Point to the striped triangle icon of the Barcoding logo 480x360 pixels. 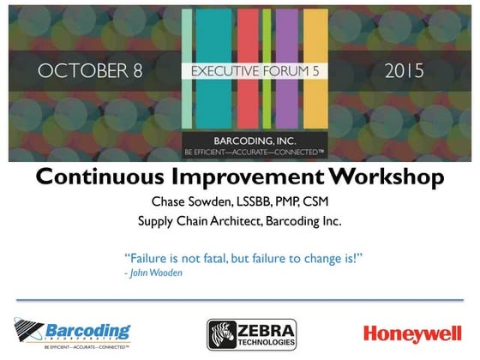[x=27, y=329]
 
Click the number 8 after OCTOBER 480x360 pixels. [x=136, y=70]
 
